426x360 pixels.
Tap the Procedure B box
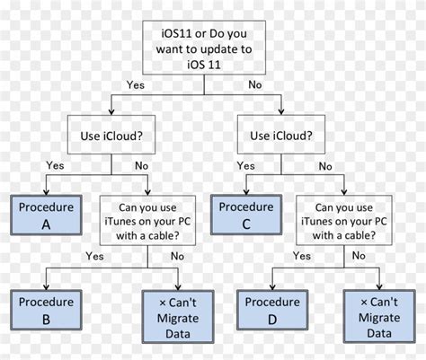[x=46, y=309]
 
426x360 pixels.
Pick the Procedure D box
[x=273, y=309]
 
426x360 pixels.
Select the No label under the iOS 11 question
[x=254, y=85]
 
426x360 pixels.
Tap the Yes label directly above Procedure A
[x=55, y=166]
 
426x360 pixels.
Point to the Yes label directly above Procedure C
[x=245, y=166]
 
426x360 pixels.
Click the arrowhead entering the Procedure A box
[x=46, y=191]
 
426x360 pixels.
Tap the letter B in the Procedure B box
[x=46, y=318]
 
